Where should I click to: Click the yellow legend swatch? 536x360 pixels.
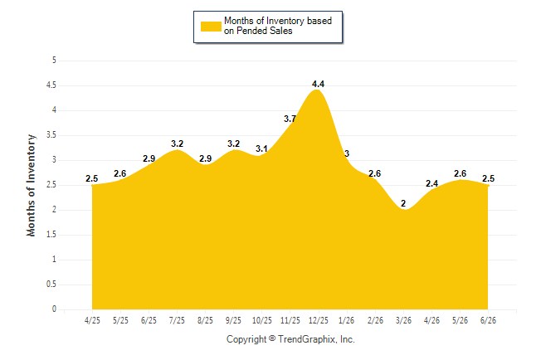211,27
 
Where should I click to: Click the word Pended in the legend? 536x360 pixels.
251,31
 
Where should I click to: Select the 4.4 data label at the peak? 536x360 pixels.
319,84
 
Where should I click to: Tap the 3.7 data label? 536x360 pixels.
290,119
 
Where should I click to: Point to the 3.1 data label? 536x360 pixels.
261,148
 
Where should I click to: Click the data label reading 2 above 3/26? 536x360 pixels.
403,203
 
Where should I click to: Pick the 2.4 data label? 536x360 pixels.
431,183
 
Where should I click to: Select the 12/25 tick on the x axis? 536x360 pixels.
319,320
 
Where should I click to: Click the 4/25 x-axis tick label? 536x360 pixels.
92,320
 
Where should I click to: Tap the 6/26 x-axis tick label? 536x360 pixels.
488,320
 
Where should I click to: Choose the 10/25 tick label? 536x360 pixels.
262,320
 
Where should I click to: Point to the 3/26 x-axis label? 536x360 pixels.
403,320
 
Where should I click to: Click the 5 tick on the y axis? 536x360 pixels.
54,61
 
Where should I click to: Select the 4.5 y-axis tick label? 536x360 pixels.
51,85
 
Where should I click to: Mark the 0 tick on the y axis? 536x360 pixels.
54,309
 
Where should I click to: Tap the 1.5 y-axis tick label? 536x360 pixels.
51,235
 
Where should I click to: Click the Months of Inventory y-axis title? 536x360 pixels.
31,185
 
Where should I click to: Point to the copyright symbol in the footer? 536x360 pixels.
272,338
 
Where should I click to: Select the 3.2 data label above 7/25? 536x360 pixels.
177,144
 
